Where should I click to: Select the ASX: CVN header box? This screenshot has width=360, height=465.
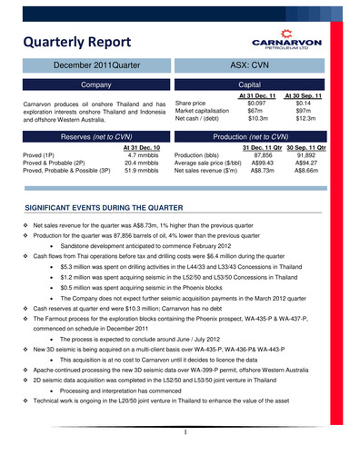259,66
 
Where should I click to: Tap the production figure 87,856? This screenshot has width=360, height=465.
260,155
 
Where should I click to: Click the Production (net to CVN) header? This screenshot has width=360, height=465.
259,135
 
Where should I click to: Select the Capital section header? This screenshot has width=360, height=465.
259,84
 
